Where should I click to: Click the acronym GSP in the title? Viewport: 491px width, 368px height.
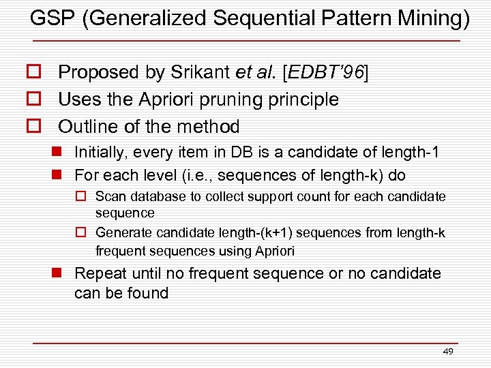53,19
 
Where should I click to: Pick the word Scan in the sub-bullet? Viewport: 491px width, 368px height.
109,197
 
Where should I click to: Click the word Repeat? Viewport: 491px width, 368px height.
96,273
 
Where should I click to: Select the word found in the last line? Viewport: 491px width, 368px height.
149,293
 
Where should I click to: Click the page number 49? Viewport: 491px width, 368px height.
448,352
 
